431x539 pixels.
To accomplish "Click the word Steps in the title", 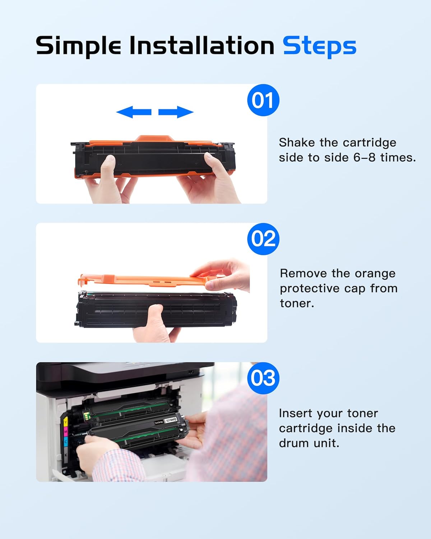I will point(319,46).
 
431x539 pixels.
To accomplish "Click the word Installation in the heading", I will point(201,46).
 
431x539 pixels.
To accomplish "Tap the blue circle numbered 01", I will point(263,100).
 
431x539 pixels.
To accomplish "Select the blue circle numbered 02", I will point(263,239).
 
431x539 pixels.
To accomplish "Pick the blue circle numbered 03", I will point(263,378).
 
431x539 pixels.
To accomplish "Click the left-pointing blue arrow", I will point(134,112).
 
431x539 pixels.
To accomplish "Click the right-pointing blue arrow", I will point(176,112).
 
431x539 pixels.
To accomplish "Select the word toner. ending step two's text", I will point(297,303).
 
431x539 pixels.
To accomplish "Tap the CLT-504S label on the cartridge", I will point(171,420).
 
